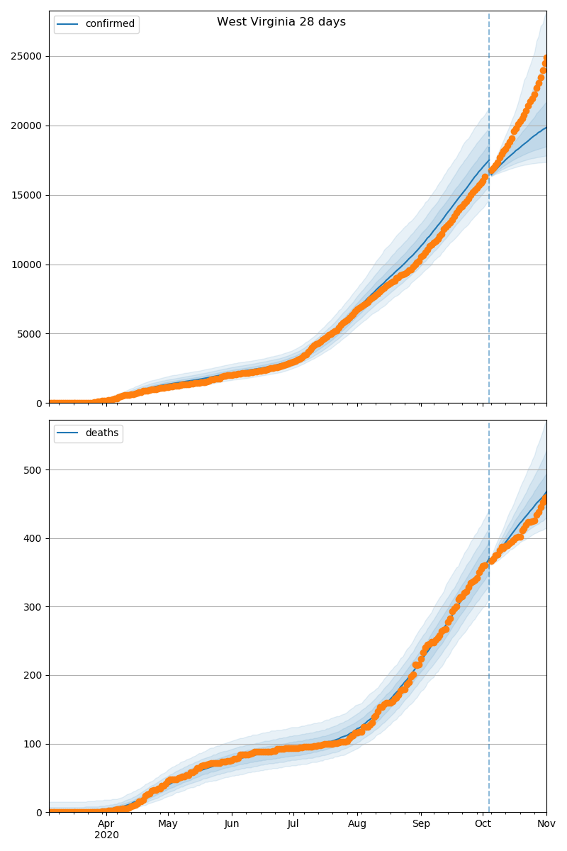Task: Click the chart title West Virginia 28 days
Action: (281, 22)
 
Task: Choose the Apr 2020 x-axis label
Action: (106, 829)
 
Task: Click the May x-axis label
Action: (168, 824)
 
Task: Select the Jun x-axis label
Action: (232, 824)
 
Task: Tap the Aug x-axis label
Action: (357, 824)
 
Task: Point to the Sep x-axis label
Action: (421, 824)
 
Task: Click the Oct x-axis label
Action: (483, 824)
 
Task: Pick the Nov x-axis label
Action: (546, 824)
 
